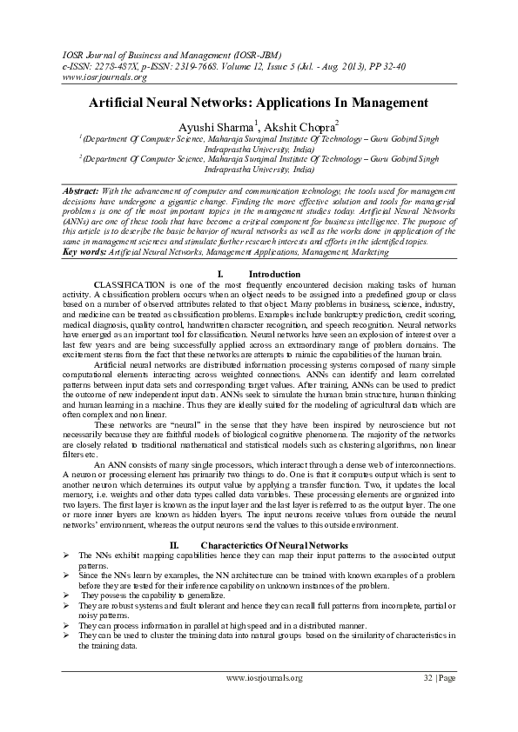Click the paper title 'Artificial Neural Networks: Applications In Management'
tap(259, 103)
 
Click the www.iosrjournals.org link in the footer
tap(264, 678)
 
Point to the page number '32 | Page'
tap(439, 678)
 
